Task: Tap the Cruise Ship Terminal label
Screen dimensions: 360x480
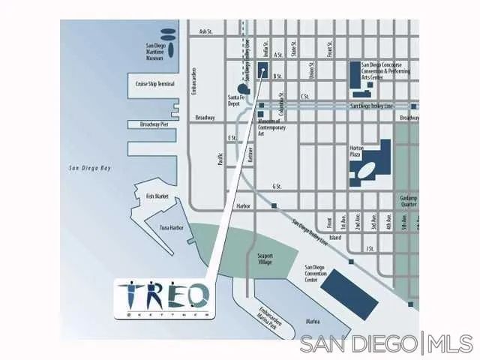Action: click(155, 84)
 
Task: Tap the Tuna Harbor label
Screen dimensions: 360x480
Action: click(171, 227)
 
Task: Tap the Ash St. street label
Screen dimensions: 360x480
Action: click(207, 31)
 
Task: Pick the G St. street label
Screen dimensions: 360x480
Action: click(277, 186)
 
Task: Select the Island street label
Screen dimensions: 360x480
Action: click(335, 238)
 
